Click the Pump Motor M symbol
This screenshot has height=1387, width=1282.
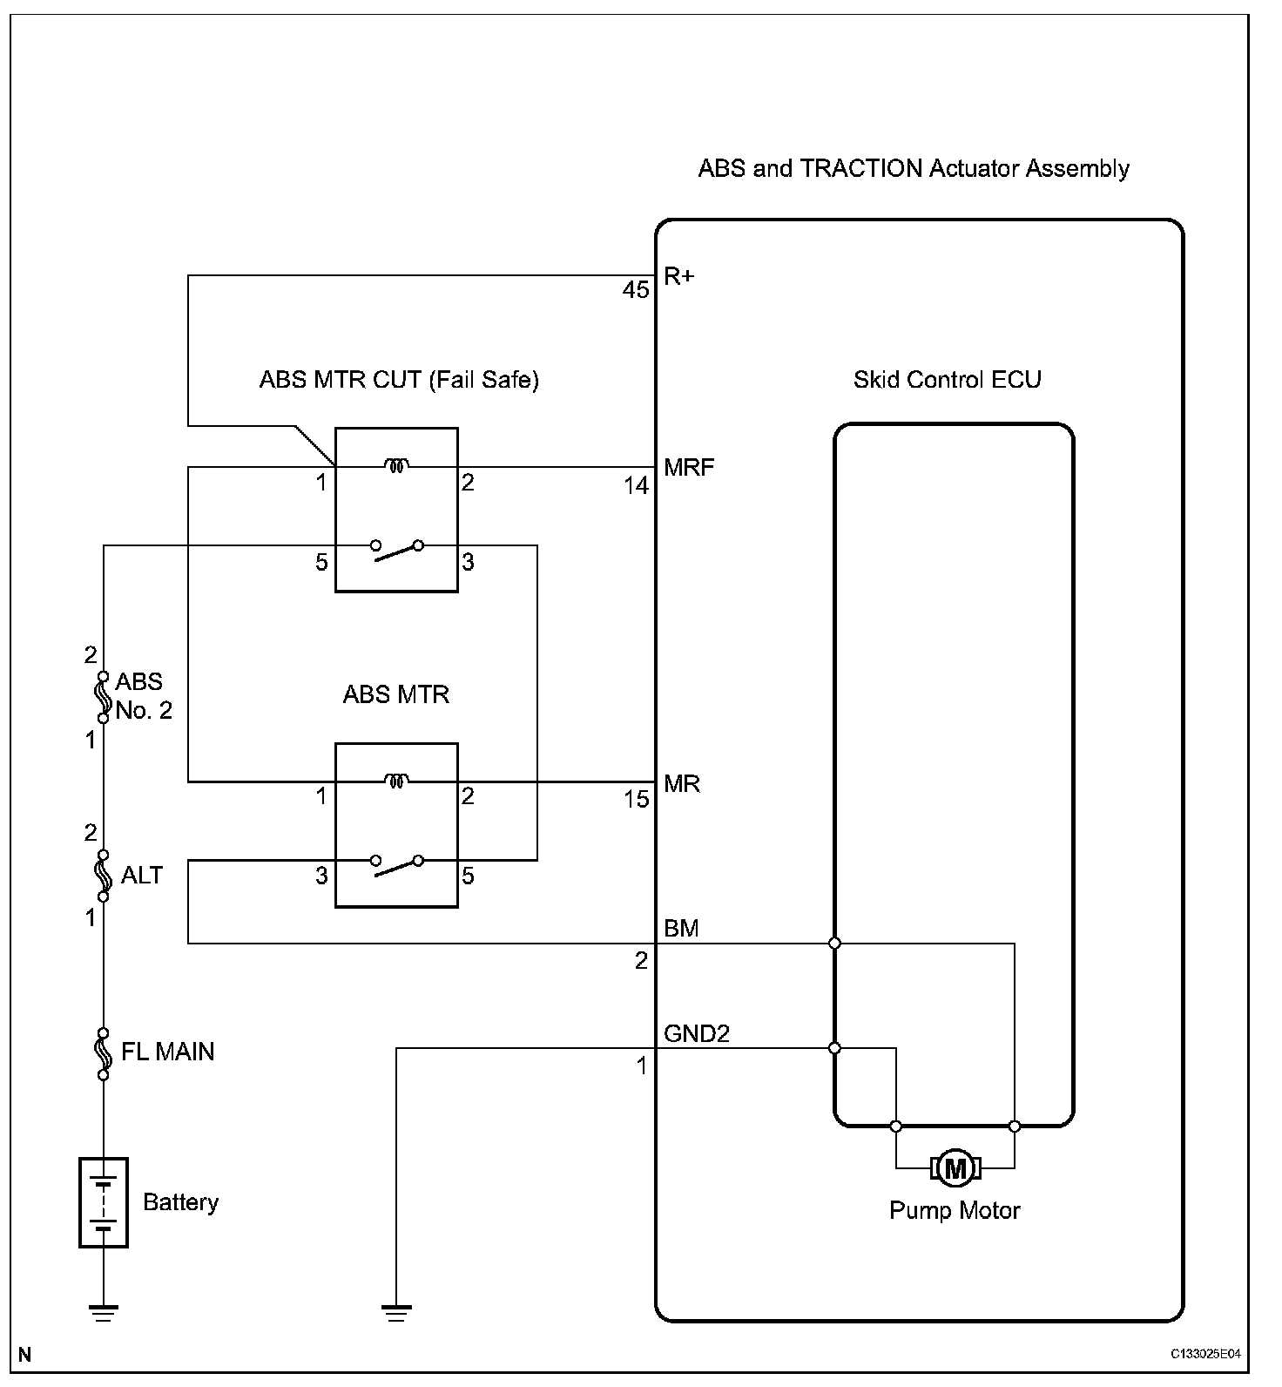point(955,1167)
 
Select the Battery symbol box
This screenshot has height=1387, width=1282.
point(104,1202)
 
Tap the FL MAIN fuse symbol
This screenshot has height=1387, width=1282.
point(104,1052)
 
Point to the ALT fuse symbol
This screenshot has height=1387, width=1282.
point(104,875)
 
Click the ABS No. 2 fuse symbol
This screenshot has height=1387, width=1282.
point(104,696)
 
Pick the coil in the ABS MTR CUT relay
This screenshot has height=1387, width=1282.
point(396,467)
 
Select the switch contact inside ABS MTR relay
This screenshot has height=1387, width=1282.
point(396,864)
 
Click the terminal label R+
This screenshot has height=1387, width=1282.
point(679,276)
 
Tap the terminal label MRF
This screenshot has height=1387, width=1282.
point(689,468)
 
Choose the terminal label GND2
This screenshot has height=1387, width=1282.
point(697,1034)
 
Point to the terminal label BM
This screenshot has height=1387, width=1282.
point(681,929)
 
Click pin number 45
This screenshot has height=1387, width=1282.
point(636,290)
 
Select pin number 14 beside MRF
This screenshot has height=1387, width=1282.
point(636,485)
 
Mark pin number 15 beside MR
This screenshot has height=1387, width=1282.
point(636,799)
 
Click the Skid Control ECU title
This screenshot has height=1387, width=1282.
point(947,380)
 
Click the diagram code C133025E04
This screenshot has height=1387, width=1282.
point(1205,1354)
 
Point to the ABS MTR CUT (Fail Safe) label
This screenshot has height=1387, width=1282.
point(399,380)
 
